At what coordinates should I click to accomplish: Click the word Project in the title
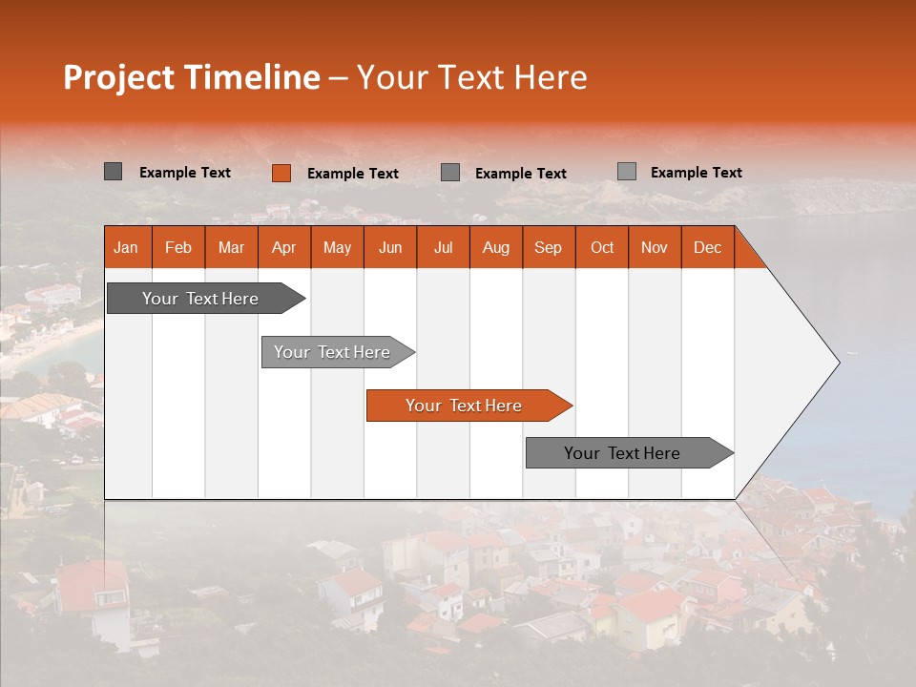(x=118, y=77)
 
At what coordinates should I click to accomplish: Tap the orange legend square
(x=281, y=173)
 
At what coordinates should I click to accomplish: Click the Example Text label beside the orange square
(x=352, y=174)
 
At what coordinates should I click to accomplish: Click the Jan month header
(x=126, y=248)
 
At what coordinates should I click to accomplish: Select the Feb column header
(x=178, y=248)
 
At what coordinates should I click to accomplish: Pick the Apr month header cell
(x=283, y=248)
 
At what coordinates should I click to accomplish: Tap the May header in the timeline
(x=337, y=248)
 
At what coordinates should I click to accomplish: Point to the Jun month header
(x=390, y=248)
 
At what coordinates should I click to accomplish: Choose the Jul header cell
(x=443, y=248)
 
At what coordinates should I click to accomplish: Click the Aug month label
(x=495, y=248)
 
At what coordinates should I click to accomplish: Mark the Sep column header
(x=548, y=248)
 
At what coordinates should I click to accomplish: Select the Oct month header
(x=602, y=248)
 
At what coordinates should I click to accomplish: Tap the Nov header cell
(x=655, y=248)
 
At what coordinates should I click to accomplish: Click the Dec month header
(x=707, y=248)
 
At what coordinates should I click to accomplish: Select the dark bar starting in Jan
(x=201, y=299)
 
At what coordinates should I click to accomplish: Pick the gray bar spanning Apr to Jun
(x=333, y=352)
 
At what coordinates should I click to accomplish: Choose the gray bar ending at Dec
(x=623, y=453)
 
